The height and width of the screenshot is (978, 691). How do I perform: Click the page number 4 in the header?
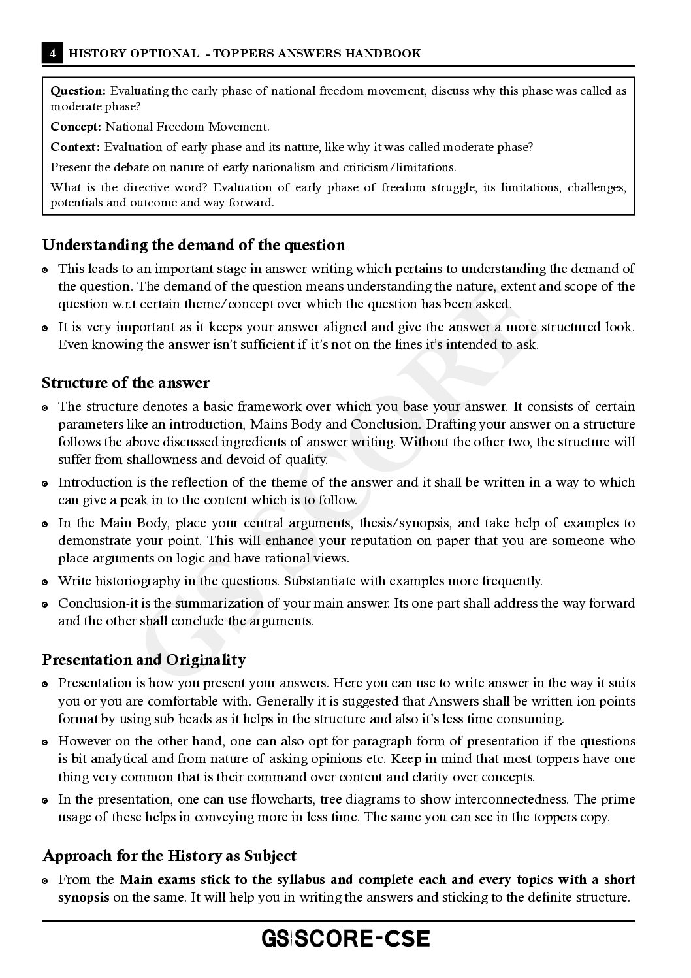(x=52, y=54)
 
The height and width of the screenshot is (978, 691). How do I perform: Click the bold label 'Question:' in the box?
(x=78, y=91)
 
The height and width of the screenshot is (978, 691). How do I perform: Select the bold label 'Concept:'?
(x=76, y=127)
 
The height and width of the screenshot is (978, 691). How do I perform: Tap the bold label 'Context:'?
(x=75, y=147)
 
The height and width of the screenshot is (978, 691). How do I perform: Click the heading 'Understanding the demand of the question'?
(x=193, y=245)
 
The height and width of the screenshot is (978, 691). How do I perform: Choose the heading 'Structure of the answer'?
(x=125, y=383)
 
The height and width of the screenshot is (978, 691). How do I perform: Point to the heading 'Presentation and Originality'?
(x=144, y=660)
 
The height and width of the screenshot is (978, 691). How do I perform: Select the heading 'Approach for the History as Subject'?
(x=169, y=856)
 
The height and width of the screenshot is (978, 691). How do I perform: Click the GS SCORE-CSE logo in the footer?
(x=345, y=939)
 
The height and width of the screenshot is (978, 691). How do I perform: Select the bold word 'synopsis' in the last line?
(x=84, y=897)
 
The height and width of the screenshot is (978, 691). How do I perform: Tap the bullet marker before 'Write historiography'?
(x=45, y=581)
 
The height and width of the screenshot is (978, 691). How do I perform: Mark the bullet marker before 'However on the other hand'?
(x=45, y=742)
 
